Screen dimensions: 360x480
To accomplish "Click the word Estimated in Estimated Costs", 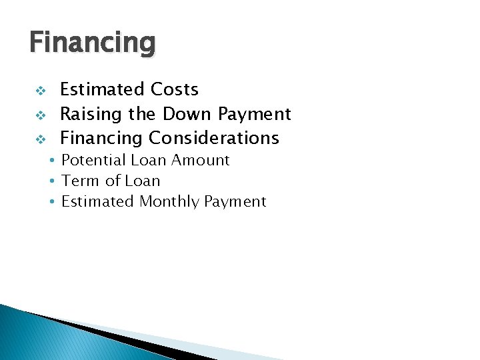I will coord(102,89).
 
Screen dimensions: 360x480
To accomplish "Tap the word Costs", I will coord(174,89).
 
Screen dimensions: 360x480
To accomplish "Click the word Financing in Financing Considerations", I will coord(102,139).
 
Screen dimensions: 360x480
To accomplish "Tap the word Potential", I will coord(93,161).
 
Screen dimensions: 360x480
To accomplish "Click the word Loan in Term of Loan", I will coord(145,181).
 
